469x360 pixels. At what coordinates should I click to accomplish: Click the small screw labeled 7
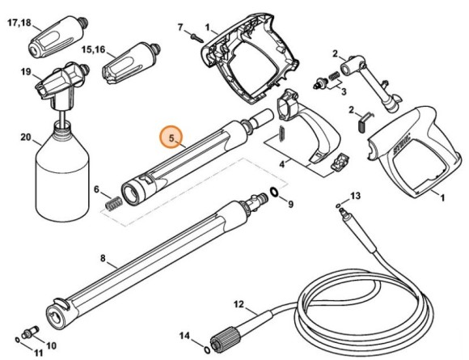193,34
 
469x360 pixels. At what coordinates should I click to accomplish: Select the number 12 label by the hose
239,305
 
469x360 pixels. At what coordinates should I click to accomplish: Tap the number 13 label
356,197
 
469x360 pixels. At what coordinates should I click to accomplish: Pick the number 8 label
103,260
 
